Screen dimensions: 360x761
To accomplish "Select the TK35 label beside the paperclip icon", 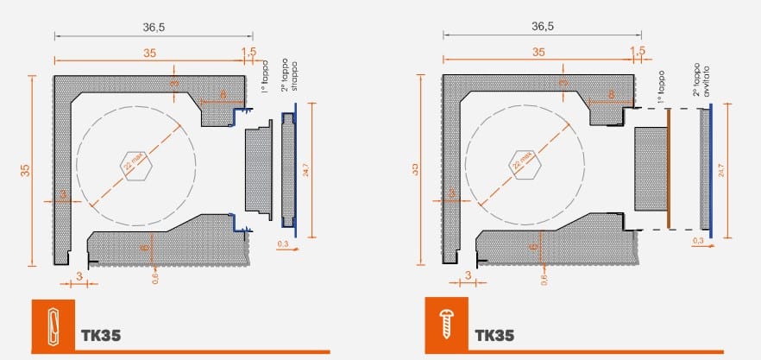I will click(101, 335).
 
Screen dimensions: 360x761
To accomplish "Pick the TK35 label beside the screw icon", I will click(494, 335).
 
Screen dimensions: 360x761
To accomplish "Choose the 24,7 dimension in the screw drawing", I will click(721, 169).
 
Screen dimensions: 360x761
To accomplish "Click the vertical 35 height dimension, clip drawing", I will click(25, 170).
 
